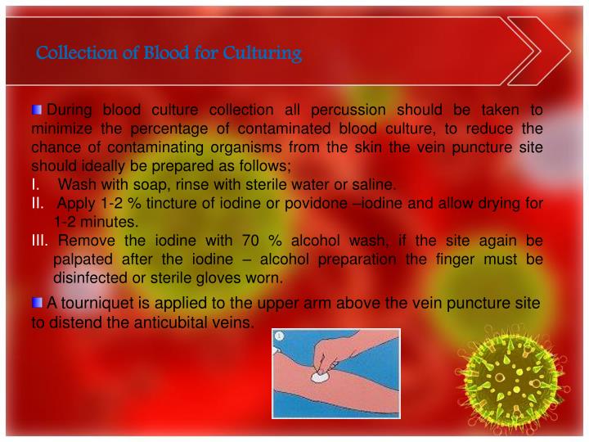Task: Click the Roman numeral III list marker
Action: (x=40, y=240)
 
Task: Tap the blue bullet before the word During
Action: (x=38, y=109)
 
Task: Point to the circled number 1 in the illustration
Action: (x=280, y=336)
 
